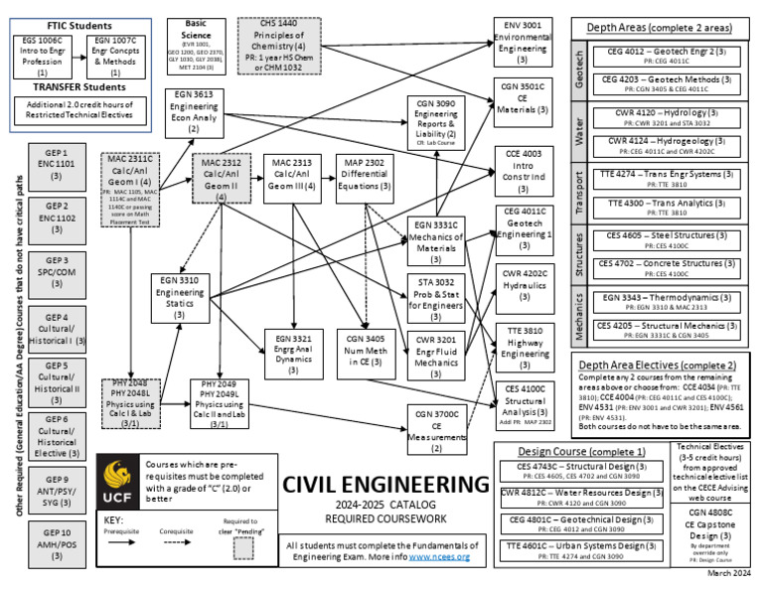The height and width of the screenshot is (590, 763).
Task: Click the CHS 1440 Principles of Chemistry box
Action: click(277, 40)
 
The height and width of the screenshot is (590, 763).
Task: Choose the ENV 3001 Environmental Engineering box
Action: click(524, 42)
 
